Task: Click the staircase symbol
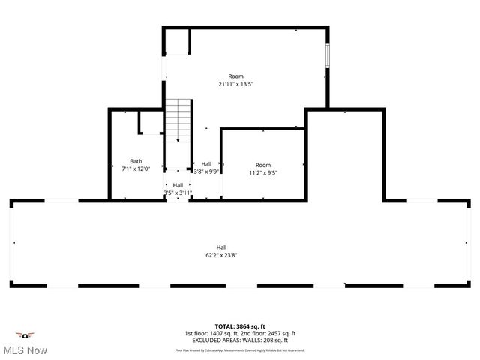[178, 119]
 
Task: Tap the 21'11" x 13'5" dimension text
[235, 84]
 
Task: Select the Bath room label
[136, 161]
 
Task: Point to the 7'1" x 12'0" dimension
[136, 169]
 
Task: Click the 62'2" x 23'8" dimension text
[222, 255]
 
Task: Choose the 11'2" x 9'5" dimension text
[262, 172]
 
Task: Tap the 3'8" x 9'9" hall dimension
[205, 172]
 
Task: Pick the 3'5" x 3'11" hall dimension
[178, 193]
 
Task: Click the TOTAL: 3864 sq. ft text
[240, 327]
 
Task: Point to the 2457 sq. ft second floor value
[281, 334]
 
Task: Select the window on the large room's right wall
[327, 57]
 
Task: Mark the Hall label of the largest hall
[222, 247]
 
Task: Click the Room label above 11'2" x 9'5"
[262, 165]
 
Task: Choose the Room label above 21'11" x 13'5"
[236, 76]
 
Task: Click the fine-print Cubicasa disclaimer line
[240, 349]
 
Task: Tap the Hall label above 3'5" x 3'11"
[178, 185]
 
